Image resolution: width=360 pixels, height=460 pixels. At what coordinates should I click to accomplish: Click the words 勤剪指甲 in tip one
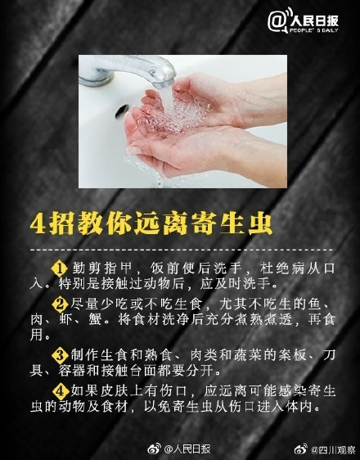(x=97, y=269)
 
